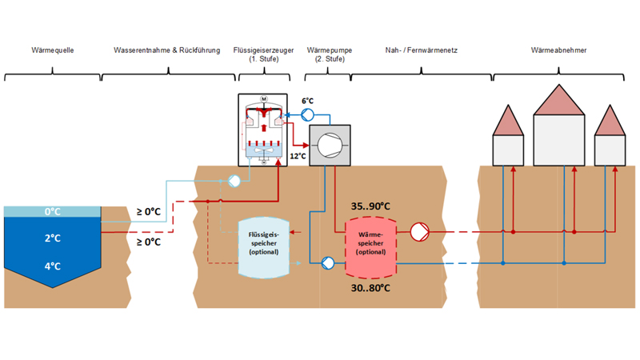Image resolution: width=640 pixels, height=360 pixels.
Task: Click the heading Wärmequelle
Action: coord(52,50)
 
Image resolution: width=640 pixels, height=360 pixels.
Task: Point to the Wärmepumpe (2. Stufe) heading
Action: coord(327,54)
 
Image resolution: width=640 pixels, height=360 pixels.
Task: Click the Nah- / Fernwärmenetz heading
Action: coord(419,50)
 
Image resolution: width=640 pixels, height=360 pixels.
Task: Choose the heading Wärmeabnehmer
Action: coord(558,50)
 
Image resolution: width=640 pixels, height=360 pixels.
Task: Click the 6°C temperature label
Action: coord(308,102)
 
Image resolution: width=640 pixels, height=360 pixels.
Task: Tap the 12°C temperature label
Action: coord(298,155)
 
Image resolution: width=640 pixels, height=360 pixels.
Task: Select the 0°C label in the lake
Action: coord(53,212)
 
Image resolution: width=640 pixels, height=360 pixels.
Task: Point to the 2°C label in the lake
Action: coord(53,238)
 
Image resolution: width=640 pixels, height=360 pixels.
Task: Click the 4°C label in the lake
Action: coord(53,266)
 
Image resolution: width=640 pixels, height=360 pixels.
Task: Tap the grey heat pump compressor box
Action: coord(328,145)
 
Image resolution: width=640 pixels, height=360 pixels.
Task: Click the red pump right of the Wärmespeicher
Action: coord(420,232)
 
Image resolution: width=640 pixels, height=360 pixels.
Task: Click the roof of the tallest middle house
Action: coord(558,102)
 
